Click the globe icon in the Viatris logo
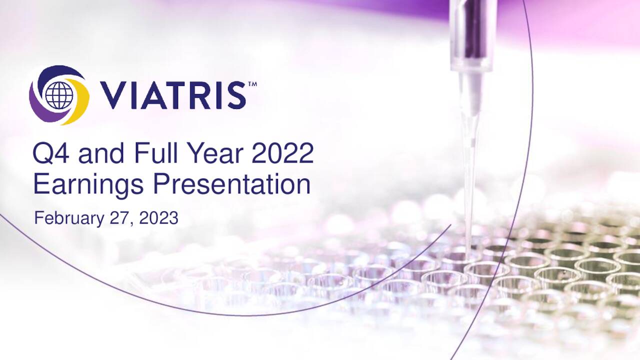pos(59,95)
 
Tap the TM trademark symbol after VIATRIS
pos(252,84)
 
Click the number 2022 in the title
pos(282,153)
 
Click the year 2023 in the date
pos(158,218)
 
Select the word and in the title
pos(102,153)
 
